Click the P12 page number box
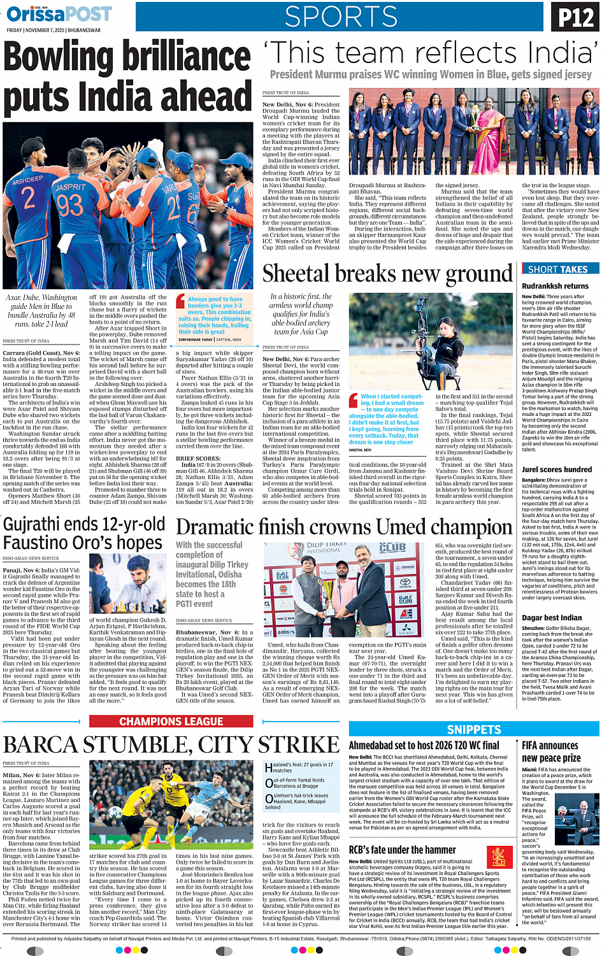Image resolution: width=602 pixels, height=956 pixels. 575,17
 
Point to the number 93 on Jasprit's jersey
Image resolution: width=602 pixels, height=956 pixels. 70,205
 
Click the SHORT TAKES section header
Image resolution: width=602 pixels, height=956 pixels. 557,269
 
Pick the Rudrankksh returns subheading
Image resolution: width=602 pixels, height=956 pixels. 555,286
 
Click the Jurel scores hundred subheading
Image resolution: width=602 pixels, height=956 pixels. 556,469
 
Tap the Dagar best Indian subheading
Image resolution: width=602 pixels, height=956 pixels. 552,617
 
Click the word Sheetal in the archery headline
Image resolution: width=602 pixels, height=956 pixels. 296,274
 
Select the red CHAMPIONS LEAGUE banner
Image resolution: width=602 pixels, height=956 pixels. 171,722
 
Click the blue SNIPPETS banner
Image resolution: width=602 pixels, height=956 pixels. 474,729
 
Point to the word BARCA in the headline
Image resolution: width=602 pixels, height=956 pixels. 42,745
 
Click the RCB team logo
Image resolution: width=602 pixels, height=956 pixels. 499,857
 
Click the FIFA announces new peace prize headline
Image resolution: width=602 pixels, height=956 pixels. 550,752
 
